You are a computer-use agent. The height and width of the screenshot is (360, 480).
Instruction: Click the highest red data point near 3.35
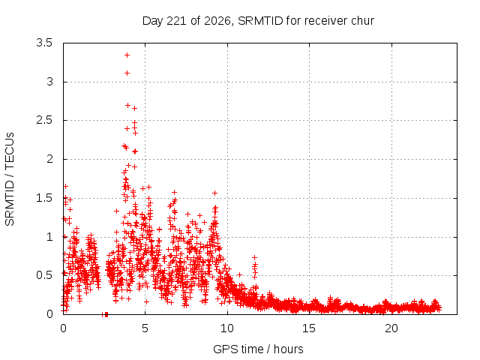point(127,55)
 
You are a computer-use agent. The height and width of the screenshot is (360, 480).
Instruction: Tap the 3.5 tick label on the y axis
point(44,43)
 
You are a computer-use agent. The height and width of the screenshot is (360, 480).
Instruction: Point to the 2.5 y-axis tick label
point(44,120)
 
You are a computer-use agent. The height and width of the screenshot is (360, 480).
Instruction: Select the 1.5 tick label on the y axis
point(44,198)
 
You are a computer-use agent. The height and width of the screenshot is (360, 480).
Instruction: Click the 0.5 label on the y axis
point(44,275)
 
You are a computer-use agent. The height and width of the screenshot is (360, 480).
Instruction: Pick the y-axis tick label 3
point(50,82)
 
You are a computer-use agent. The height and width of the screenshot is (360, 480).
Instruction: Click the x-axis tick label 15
point(309,328)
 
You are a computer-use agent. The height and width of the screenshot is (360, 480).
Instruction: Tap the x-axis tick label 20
point(391,328)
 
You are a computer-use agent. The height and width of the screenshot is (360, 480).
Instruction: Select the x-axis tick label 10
point(227,328)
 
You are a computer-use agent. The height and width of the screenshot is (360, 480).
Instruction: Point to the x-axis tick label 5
point(145,328)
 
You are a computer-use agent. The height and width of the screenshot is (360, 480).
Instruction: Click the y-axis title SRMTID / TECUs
point(10,179)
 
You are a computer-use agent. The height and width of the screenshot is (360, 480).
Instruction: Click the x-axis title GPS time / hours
point(258,349)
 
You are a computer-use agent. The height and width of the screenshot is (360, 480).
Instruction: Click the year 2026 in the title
point(217,21)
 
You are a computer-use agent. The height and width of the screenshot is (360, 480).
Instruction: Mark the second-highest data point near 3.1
point(127,73)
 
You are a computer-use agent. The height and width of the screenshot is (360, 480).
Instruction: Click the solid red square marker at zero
point(106,314)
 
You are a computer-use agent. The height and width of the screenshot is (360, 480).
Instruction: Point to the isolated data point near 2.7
point(128,105)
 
